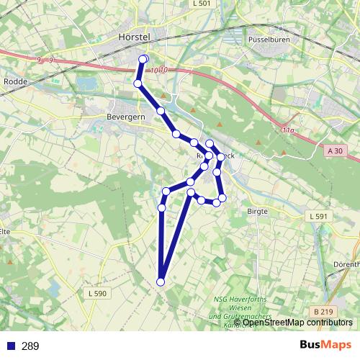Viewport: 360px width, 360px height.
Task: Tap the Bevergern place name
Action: click(125, 115)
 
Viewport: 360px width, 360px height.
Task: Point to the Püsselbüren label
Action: click(269, 40)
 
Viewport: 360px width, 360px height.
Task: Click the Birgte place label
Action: click(257, 211)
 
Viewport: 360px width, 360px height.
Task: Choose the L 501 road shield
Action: click(202, 4)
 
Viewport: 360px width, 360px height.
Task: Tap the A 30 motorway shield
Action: click(335, 151)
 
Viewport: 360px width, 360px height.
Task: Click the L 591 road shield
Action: click(318, 216)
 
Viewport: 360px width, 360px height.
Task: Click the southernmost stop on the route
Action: click(161, 282)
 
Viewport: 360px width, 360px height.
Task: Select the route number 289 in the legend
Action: click(30, 346)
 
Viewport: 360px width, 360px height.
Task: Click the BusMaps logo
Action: click(326, 345)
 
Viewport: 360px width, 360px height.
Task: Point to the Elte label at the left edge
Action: click(4, 232)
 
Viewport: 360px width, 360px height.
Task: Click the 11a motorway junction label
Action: click(287, 130)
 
